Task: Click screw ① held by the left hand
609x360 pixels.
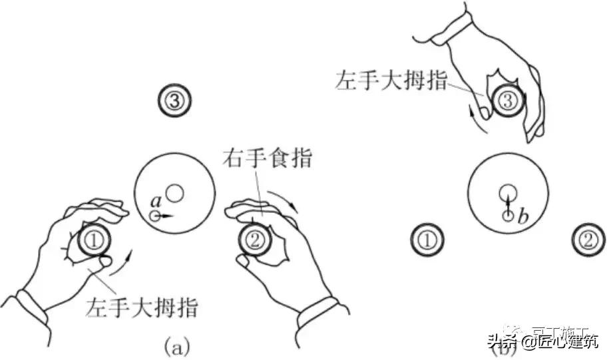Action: point(95,241)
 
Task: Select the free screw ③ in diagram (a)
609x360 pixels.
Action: point(174,101)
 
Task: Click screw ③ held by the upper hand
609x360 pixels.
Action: point(507,101)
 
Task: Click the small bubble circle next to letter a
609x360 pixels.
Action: point(155,216)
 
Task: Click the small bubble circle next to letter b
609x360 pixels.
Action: point(507,215)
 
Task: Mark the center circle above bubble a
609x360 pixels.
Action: point(175,194)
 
